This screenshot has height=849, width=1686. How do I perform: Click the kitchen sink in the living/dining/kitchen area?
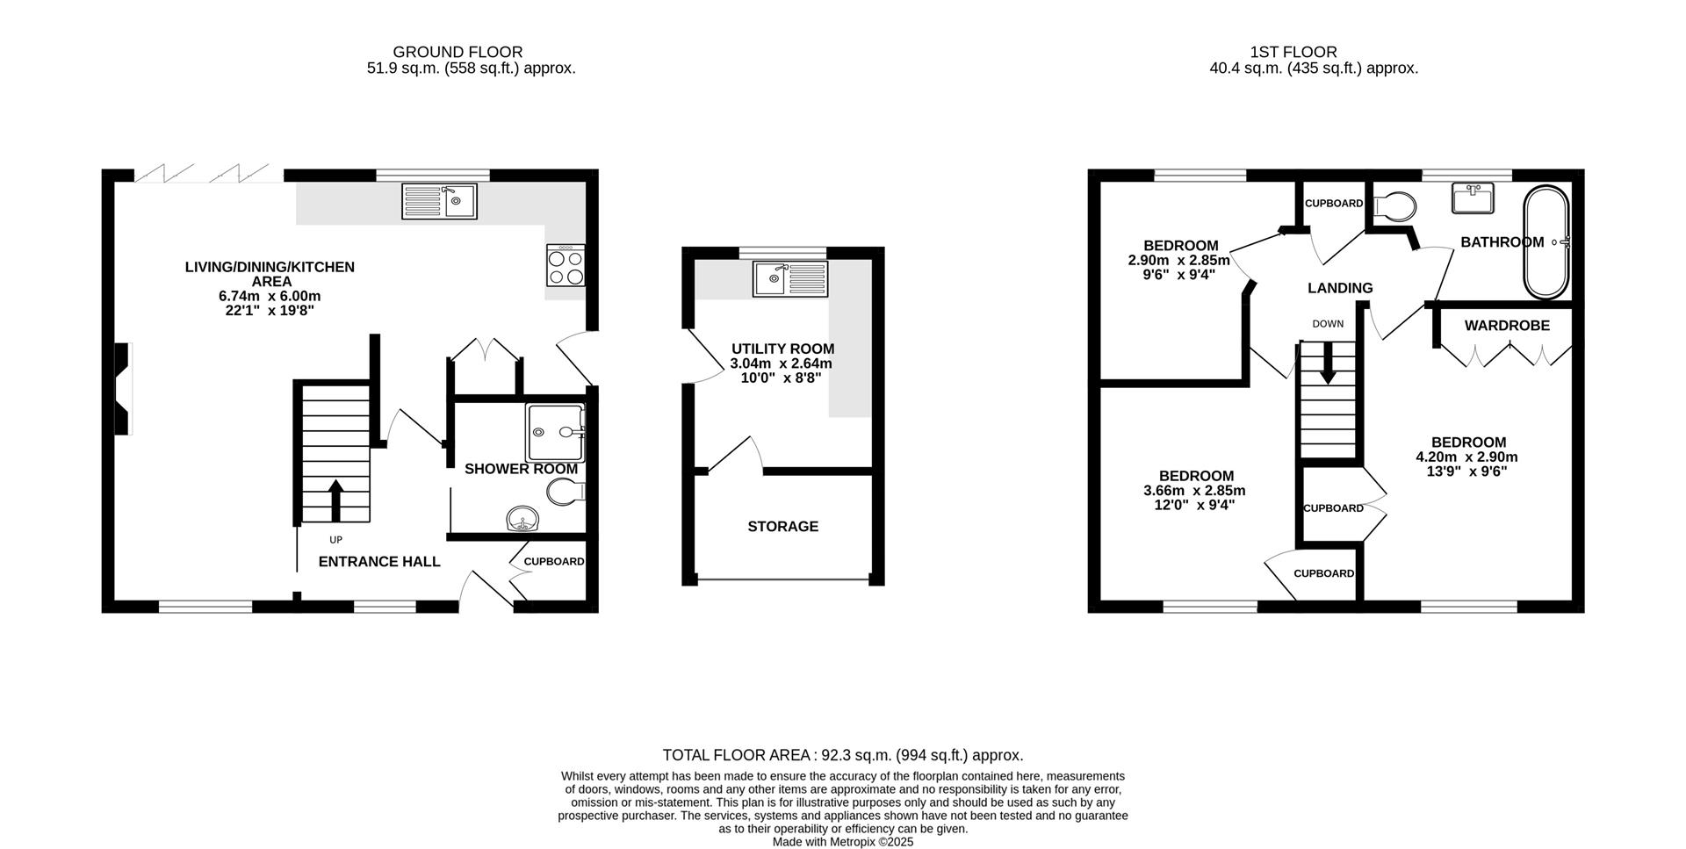[x=439, y=201]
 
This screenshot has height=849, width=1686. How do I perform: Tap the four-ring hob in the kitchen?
[x=566, y=266]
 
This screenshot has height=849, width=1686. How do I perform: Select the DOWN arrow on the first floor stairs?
[x=1328, y=362]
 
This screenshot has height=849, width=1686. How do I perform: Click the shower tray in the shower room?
[x=555, y=432]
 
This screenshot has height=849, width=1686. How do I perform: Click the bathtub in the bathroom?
[x=1546, y=241]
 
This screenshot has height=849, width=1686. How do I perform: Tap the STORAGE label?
[x=782, y=526]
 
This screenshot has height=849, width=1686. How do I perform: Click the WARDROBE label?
[x=1506, y=326]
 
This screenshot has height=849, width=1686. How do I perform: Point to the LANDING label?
[x=1339, y=288]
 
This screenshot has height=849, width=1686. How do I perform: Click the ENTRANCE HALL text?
[x=378, y=562]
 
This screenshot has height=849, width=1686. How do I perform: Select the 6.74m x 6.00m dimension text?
[x=270, y=296]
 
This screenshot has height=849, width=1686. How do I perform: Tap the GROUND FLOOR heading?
[x=458, y=53]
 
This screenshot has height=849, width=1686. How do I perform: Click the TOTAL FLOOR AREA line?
[x=842, y=755]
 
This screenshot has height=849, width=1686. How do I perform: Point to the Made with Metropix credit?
[x=842, y=841]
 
